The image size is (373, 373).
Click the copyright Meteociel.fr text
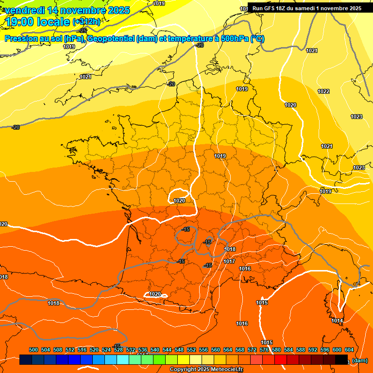click(206, 370)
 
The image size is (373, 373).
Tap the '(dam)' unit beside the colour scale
click(359, 360)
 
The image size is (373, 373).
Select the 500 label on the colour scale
click(34, 350)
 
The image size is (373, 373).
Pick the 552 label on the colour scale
click(191, 350)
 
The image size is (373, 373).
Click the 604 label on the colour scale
click(349, 350)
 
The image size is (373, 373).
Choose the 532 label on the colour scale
click(131, 350)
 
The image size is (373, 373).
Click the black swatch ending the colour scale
click(341, 360)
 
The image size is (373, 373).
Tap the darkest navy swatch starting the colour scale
click(26, 360)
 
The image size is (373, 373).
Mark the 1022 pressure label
click(323, 91)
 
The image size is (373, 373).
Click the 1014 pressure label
click(337, 321)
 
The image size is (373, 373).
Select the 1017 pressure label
click(229, 261)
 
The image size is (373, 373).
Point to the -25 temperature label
click(83, 30)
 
